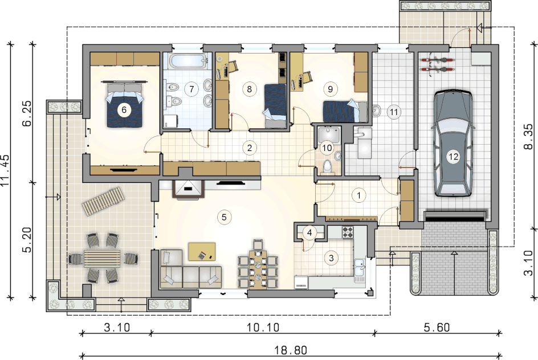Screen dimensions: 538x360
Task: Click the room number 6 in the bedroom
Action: click(x=124, y=110)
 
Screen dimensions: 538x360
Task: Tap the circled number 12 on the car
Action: click(x=453, y=157)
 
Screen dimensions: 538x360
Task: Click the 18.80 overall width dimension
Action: click(x=291, y=350)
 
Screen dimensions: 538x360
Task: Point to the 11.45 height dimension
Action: click(x=6, y=170)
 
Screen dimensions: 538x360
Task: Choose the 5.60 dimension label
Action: click(x=437, y=328)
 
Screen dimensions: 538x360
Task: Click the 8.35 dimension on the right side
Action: click(x=528, y=136)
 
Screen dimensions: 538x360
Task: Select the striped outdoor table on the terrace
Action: click(x=102, y=258)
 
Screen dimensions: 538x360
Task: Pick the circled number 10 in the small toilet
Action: click(x=327, y=148)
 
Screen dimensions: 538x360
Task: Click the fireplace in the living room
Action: click(x=188, y=189)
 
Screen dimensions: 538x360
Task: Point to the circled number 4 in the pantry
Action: click(x=309, y=233)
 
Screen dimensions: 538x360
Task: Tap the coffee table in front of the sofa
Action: click(x=202, y=252)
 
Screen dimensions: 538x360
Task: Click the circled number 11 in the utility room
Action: click(x=393, y=112)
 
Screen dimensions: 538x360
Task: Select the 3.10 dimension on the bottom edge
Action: click(x=117, y=328)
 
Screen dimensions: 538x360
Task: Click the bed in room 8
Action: click(x=275, y=107)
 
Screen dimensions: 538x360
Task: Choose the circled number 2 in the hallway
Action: click(x=250, y=148)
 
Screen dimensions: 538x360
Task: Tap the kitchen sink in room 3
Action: click(x=360, y=267)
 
